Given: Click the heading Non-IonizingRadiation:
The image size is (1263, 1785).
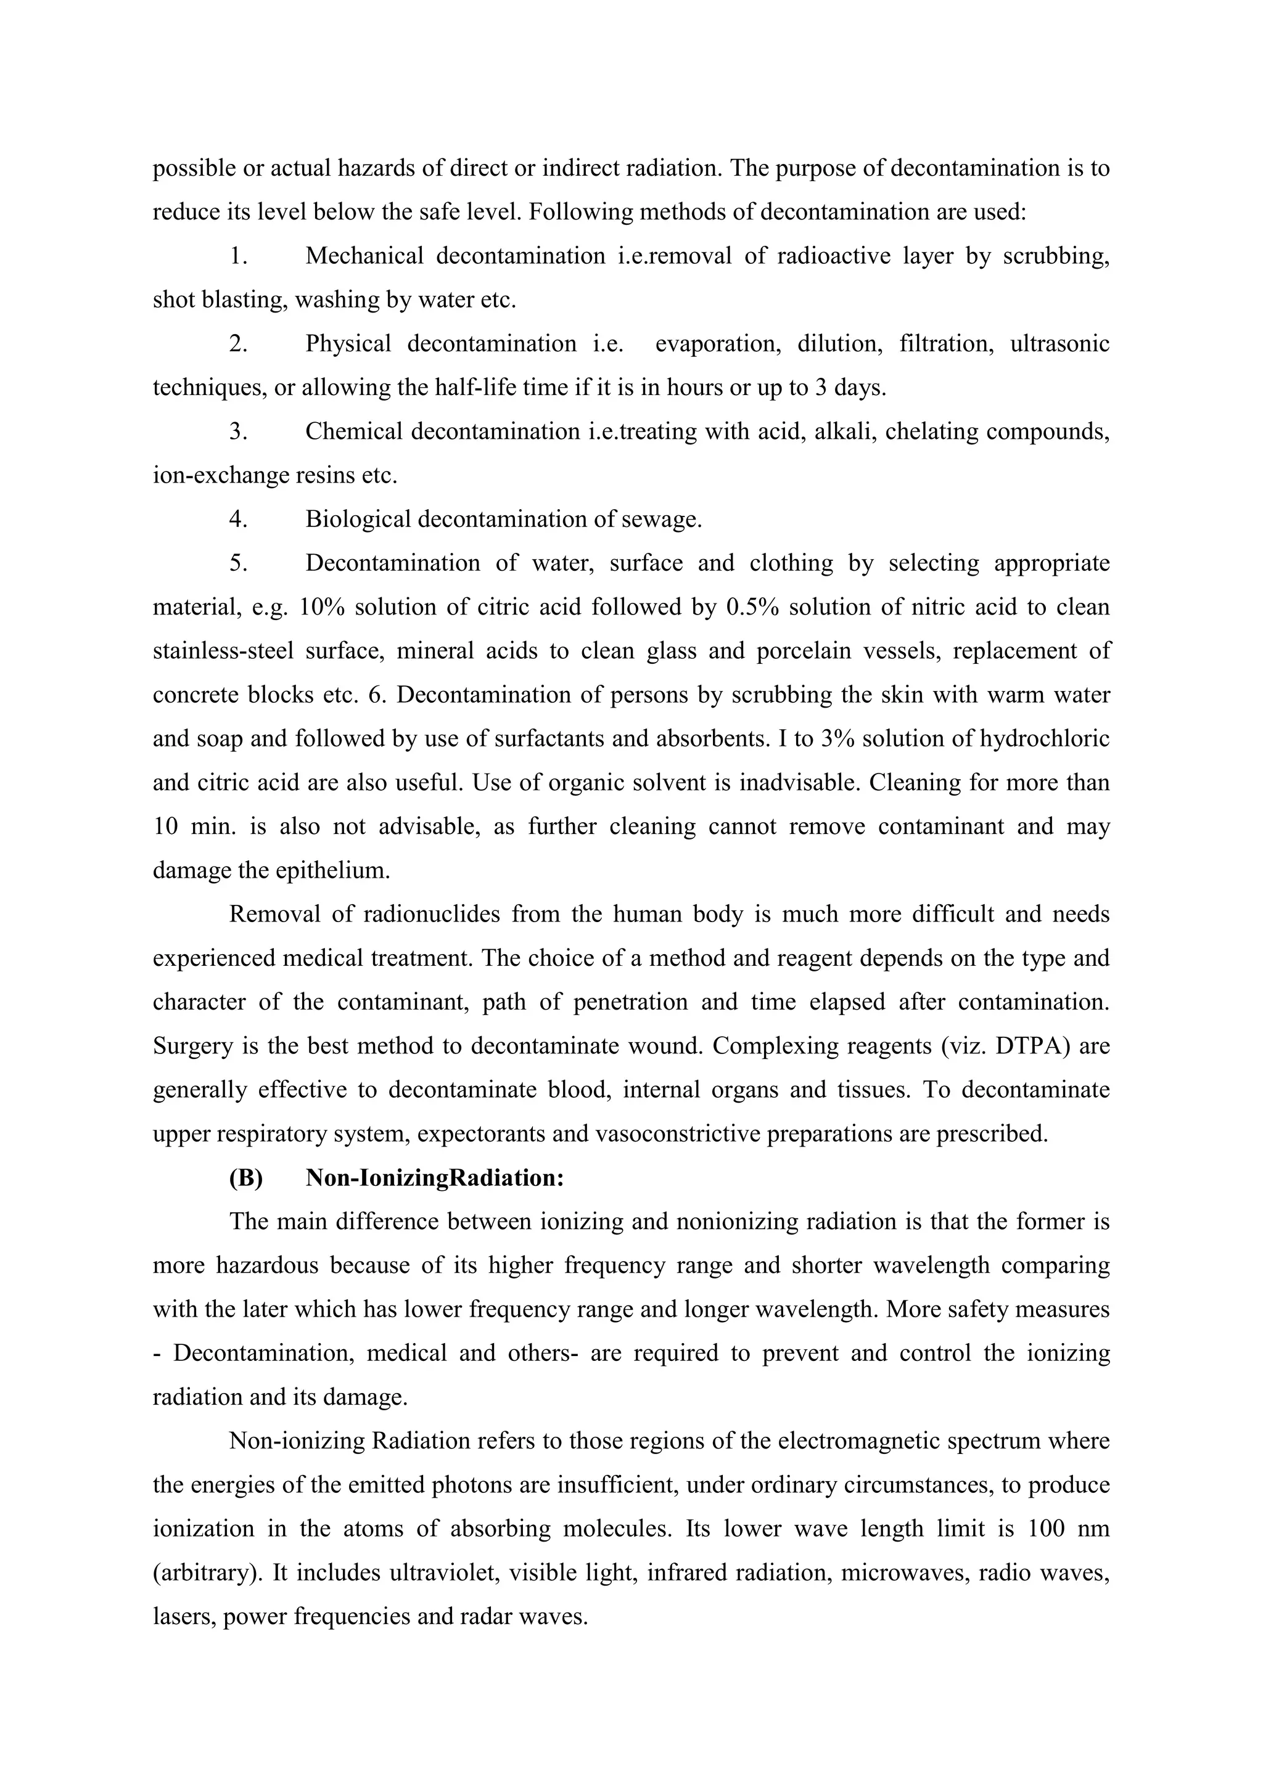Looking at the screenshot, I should [x=435, y=1178].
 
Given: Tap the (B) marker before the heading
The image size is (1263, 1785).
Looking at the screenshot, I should [x=246, y=1178].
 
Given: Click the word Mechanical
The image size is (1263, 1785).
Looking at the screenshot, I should [x=364, y=256].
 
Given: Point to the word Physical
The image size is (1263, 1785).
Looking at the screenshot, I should [x=348, y=344].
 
